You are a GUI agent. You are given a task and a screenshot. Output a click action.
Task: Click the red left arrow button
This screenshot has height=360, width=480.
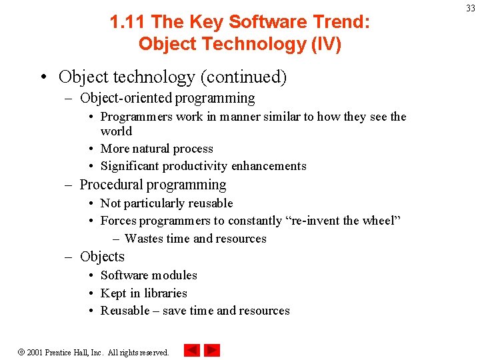coord(192,351)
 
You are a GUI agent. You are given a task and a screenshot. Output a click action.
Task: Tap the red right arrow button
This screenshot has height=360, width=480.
coord(212,351)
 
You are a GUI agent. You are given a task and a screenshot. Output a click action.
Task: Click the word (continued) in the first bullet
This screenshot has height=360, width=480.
coord(243,77)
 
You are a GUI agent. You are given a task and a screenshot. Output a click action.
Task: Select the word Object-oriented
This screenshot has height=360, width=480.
coord(126,99)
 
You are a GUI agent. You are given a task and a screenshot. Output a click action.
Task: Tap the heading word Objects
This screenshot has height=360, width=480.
coord(102,257)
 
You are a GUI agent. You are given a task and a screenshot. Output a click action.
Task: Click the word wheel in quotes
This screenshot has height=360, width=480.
coord(378,221)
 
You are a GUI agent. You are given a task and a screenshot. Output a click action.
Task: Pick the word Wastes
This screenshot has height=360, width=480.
coord(144,239)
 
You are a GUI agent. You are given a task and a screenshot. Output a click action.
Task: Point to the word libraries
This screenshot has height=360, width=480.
coord(165,293)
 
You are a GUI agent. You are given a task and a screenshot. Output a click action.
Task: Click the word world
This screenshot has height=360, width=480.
coord(116,131)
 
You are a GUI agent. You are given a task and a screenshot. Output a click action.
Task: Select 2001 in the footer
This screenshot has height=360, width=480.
coord(35,352)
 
